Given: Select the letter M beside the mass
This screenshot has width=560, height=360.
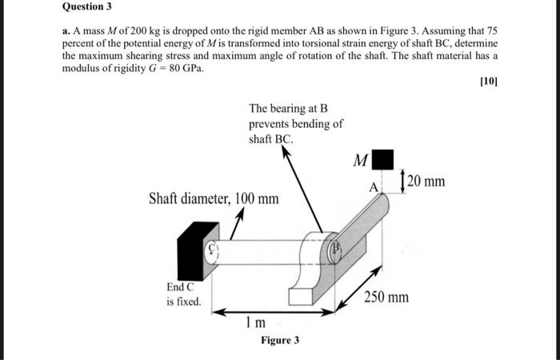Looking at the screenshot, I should click(x=361, y=161).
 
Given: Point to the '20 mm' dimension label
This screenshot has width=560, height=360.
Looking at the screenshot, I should click(x=426, y=182).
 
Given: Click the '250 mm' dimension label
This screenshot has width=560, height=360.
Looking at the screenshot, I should click(x=386, y=298).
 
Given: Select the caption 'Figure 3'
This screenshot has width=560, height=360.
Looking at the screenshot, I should click(x=280, y=340).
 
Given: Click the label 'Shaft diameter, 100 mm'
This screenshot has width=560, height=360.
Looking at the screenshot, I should click(x=214, y=198).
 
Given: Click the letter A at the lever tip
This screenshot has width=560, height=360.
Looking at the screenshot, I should click(x=372, y=187).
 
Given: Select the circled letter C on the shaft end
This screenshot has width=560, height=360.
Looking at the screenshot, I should click(x=214, y=248).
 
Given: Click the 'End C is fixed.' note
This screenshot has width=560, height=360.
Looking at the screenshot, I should click(x=183, y=294).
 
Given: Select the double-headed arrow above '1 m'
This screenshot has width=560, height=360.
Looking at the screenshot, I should click(x=257, y=312).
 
